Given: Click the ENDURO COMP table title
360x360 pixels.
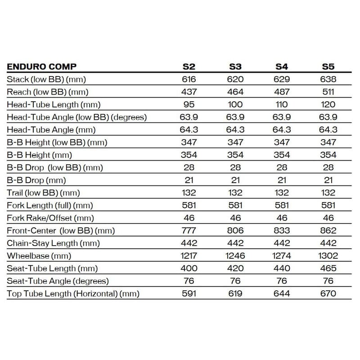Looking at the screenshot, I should (42, 67).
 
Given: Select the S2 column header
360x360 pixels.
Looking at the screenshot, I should (189, 67).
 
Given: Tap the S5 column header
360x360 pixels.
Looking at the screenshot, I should (328, 67).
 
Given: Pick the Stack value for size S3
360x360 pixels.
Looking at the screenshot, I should (235, 79).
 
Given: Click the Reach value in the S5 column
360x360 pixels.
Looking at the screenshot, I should (328, 92).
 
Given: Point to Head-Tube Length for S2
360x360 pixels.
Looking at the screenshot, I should (189, 104).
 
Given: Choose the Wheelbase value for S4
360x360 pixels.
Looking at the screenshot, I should (282, 256).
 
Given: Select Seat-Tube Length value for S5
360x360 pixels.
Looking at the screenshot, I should (328, 268).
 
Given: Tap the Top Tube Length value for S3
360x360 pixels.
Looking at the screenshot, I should (235, 293).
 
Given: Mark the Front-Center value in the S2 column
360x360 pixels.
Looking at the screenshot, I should (189, 230).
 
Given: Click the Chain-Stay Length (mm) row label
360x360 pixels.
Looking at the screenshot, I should (53, 243).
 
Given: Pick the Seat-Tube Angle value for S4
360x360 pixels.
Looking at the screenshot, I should (282, 281).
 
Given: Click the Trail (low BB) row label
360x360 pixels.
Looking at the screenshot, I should (43, 193).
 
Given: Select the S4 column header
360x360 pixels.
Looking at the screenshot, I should (282, 67).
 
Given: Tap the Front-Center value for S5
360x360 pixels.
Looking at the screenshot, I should (328, 230).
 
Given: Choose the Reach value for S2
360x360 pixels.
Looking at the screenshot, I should (189, 92).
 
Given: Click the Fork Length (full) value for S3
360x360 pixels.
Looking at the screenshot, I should (235, 205).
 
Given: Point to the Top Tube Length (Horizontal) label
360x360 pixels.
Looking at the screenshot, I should (73, 293).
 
